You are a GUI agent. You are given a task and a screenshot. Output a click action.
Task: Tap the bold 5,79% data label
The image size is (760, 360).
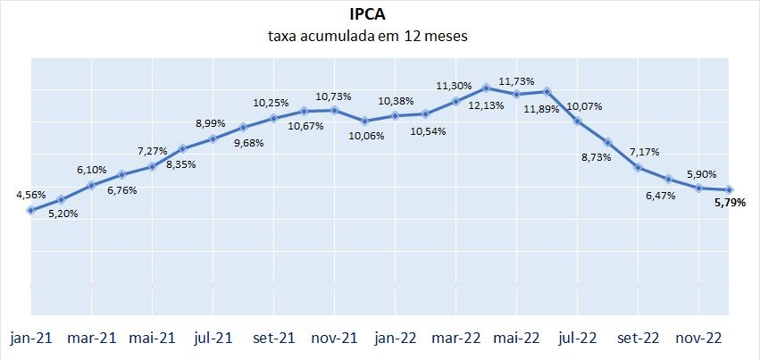coord(731,204)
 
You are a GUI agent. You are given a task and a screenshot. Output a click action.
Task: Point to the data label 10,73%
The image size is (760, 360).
coord(334,96)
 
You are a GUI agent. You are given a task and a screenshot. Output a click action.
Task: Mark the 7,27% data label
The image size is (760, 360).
coord(152,151)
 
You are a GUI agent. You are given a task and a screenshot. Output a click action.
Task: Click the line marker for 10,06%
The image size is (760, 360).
coord(364,120)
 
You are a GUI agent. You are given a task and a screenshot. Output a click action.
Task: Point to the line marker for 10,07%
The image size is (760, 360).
coord(577,121)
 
